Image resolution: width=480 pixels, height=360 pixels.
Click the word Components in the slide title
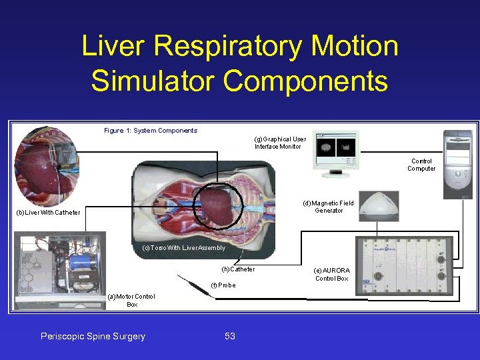305,81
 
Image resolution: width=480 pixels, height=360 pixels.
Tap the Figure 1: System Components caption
151,131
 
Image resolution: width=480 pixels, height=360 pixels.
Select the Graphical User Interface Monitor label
280,143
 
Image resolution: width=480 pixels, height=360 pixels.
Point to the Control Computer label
421,165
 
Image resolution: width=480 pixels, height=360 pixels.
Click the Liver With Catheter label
48,213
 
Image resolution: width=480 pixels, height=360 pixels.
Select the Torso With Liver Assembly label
183,248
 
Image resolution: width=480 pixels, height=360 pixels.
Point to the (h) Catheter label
238,269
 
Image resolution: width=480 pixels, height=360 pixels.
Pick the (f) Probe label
223,285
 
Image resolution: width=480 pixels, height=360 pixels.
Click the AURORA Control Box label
331,275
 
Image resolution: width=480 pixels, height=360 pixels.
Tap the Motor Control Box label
132,300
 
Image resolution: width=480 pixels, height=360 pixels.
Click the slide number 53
229,337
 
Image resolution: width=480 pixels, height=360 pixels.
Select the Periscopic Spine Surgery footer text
93,337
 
